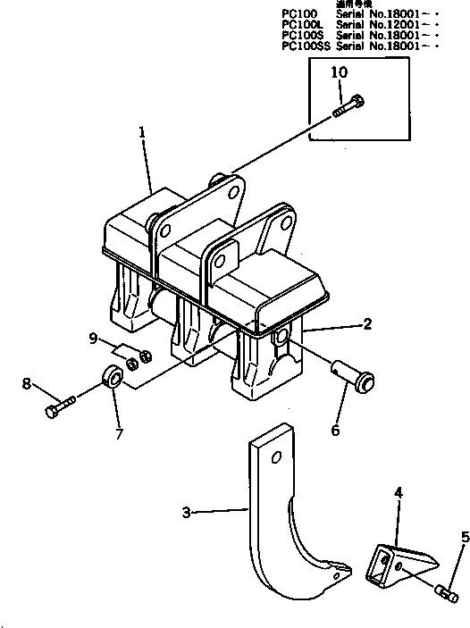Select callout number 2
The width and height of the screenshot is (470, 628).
tap(367, 326)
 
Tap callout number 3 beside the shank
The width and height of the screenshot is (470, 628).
tap(185, 512)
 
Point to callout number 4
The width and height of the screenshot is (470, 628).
tap(399, 491)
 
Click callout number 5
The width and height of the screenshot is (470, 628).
tap(464, 537)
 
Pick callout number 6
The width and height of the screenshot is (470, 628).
tap(336, 430)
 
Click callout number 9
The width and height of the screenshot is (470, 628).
tap(93, 338)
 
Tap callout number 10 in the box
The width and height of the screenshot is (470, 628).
tap(340, 71)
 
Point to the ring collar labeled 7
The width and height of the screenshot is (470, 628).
tap(113, 375)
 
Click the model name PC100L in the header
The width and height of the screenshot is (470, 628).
tap(302, 24)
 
